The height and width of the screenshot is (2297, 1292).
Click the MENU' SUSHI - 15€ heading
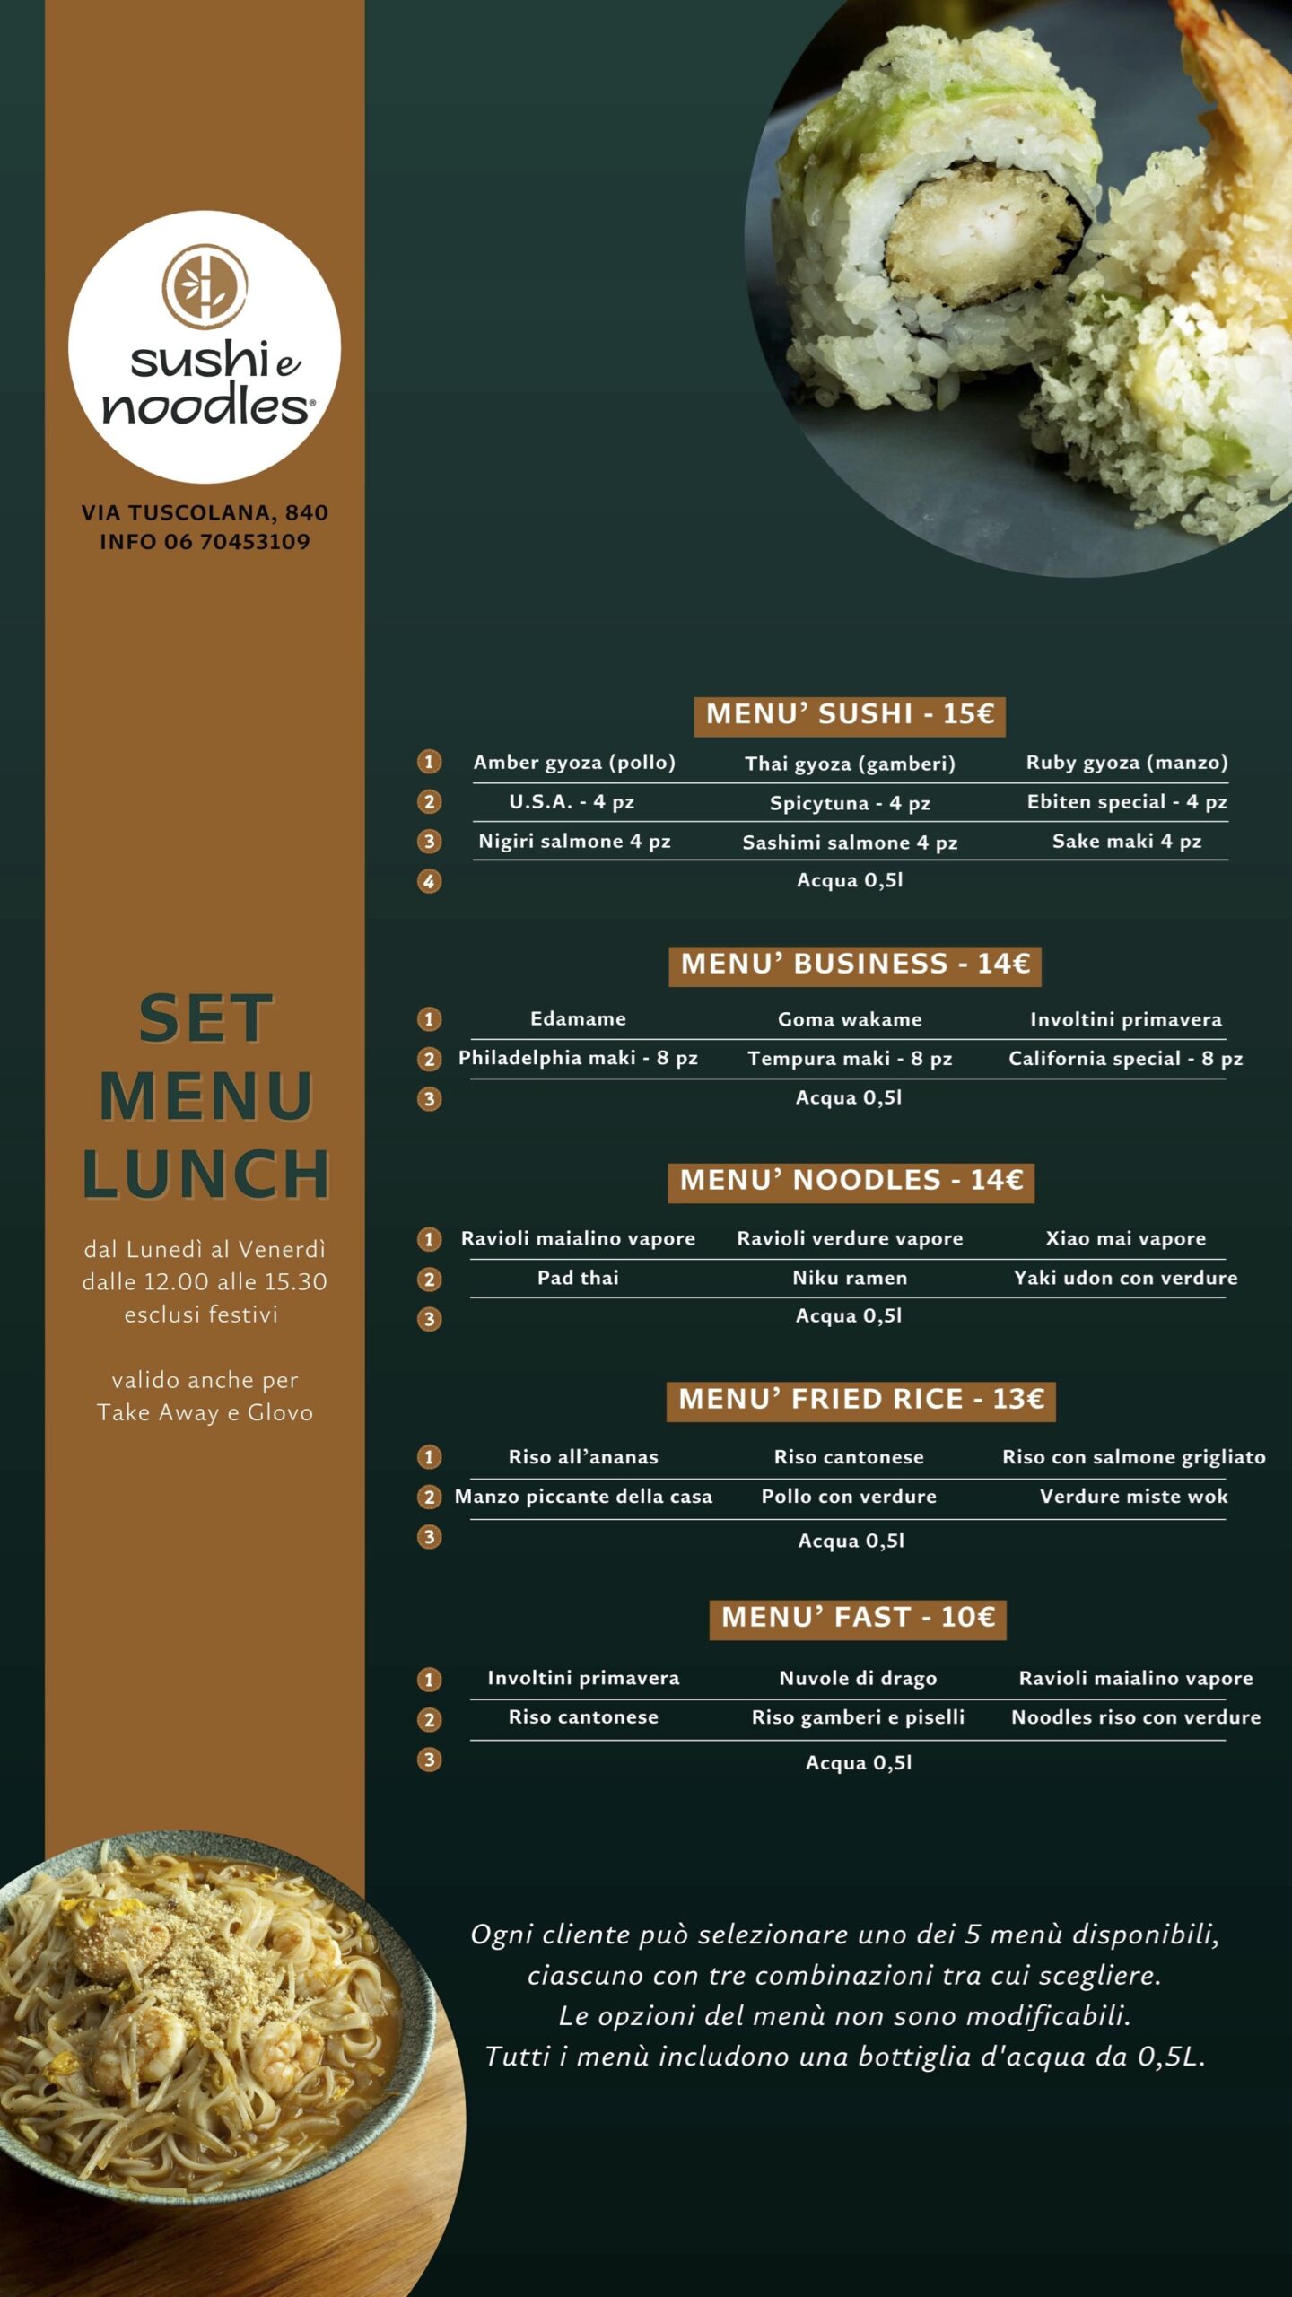pos(850,714)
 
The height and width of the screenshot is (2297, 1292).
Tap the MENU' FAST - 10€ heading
pos(858,1617)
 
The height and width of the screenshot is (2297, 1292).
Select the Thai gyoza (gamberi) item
pos(850,764)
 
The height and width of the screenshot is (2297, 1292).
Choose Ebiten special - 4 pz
pos(1127,801)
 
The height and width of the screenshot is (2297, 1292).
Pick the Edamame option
pos(578,1018)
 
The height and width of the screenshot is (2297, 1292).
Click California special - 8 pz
pos(1126,1059)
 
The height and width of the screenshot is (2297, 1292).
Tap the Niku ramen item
pos(850,1278)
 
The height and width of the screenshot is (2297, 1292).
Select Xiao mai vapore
pos(1126,1238)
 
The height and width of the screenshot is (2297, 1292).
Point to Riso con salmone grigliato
pos(1134,1457)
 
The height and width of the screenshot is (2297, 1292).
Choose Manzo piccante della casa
pos(583,1497)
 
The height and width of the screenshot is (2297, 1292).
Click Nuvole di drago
pos(858,1678)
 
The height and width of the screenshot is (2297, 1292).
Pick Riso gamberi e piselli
pos(858,1717)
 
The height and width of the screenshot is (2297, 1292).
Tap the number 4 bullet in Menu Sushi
pos(429,881)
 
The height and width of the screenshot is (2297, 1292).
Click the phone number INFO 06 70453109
pos(205,542)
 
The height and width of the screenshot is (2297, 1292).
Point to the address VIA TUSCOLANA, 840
pos(205,513)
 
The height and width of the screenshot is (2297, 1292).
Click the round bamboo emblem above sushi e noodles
pos(205,286)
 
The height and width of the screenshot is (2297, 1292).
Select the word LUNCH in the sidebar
pos(205,1174)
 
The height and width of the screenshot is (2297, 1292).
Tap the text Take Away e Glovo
pos(205,1413)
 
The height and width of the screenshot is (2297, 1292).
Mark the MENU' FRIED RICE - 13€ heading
pos(860,1400)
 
